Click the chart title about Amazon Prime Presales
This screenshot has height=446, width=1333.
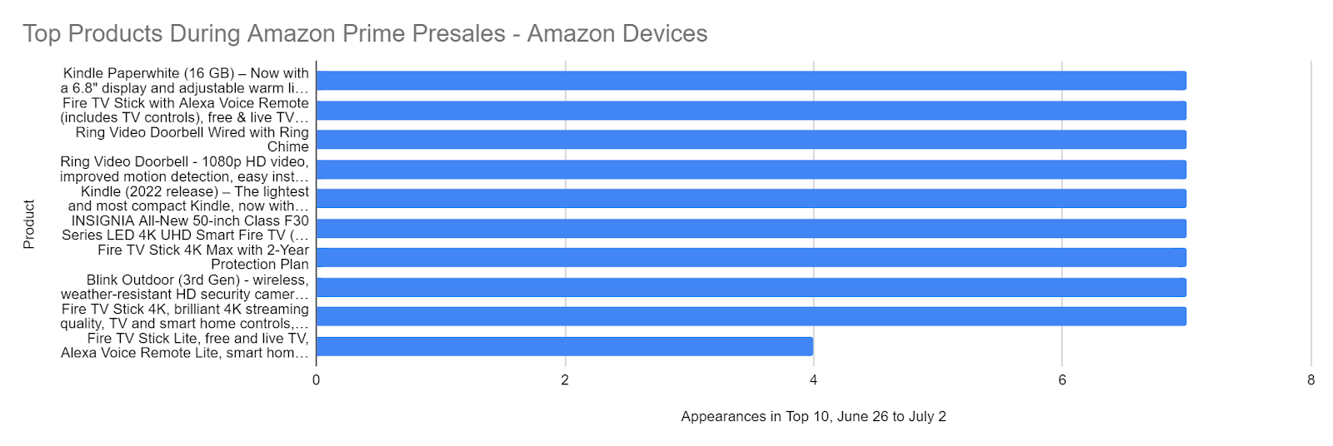pos(365,33)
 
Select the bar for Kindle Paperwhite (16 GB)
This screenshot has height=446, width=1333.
pos(751,81)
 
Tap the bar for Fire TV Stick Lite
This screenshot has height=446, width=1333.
pos(564,346)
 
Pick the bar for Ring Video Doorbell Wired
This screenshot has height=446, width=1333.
pos(751,140)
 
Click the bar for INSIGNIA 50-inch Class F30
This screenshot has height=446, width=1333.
pos(751,228)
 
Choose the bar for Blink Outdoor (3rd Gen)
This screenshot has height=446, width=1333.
pos(751,287)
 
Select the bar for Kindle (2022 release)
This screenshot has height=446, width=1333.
pos(751,199)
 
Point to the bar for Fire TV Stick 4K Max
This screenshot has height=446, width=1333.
pos(751,258)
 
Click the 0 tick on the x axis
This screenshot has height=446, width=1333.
pos(317,380)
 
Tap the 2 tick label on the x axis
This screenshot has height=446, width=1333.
pos(565,380)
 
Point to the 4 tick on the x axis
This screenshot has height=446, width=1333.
pos(813,380)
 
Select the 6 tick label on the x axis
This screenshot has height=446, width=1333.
pos(1062,380)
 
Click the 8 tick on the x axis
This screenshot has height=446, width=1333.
pos(1311,380)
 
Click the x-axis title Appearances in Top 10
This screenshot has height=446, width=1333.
pos(813,416)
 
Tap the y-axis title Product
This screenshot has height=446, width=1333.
pos(29,224)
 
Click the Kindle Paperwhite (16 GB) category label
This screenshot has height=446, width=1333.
pos(184,81)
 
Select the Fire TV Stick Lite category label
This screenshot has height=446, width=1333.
pos(184,345)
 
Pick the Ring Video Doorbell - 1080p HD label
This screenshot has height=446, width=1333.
pos(184,169)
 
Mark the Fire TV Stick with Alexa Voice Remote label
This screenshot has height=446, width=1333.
pos(184,110)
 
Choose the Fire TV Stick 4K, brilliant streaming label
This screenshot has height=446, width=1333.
pos(184,316)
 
